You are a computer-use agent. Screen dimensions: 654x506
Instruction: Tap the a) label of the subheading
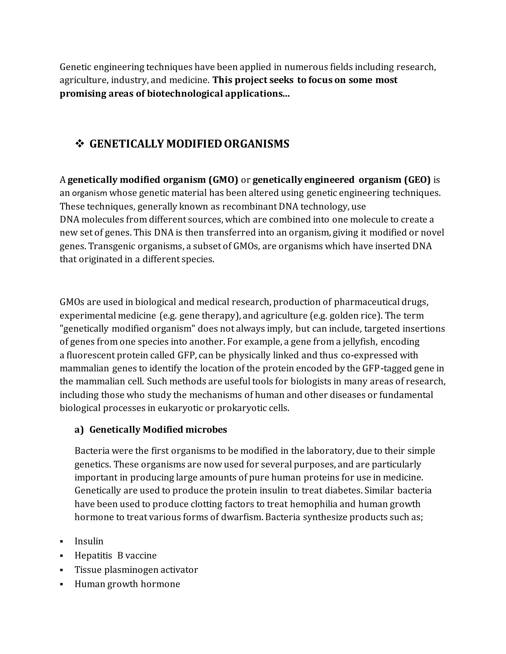(x=79, y=430)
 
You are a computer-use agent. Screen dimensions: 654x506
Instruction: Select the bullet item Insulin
(x=89, y=541)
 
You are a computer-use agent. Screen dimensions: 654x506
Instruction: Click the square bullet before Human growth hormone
(x=62, y=584)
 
